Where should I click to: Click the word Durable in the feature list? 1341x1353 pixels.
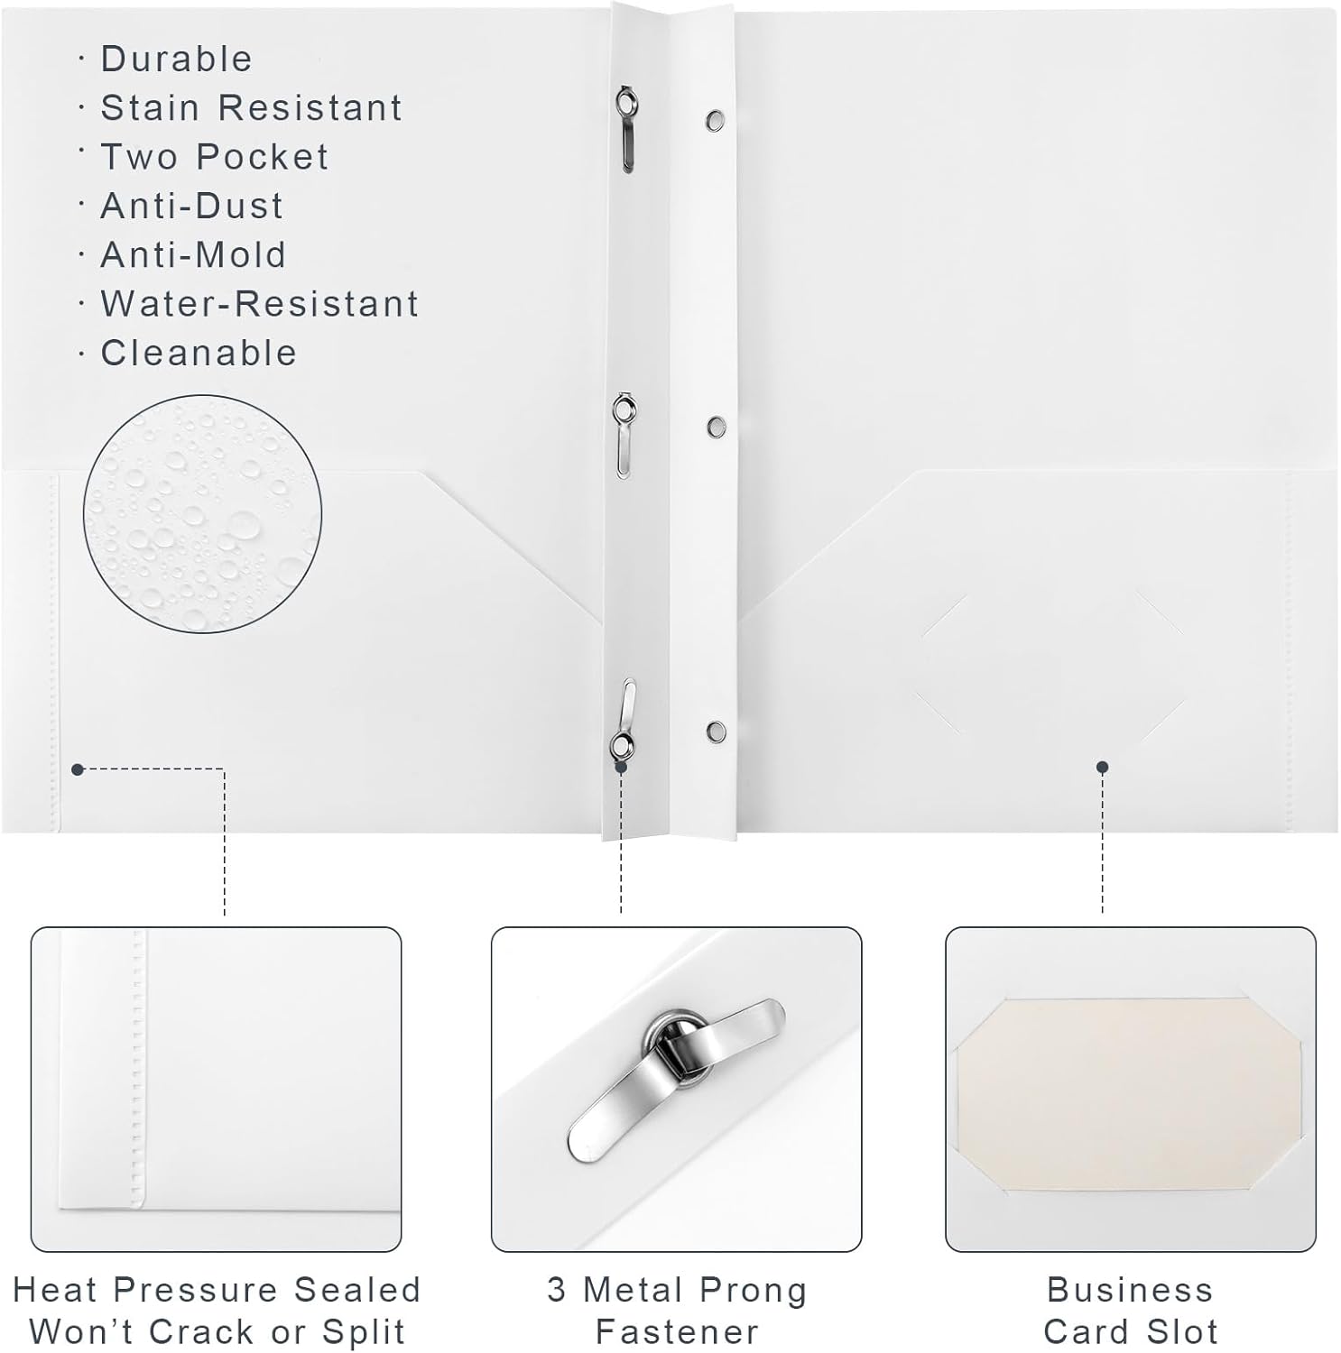176,59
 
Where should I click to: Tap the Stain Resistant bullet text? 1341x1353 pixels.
251,107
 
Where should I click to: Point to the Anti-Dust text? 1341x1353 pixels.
191,206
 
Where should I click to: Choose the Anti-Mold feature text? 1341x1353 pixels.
193,254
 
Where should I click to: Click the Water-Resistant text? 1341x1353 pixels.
259,303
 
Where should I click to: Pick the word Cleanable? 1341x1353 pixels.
199,353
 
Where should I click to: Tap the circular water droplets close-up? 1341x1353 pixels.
203,513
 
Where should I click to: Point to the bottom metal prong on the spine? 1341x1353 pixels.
624,719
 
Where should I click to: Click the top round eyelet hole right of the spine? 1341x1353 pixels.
715,119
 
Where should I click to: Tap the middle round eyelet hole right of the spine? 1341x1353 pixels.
716,425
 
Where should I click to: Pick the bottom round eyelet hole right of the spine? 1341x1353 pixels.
716,730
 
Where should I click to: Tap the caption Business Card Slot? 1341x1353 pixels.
1130,1311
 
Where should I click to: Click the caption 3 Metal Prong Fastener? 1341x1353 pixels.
677,1311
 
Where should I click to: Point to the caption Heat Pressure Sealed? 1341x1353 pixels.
217,1290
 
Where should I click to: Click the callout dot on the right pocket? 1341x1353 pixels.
1102,768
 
